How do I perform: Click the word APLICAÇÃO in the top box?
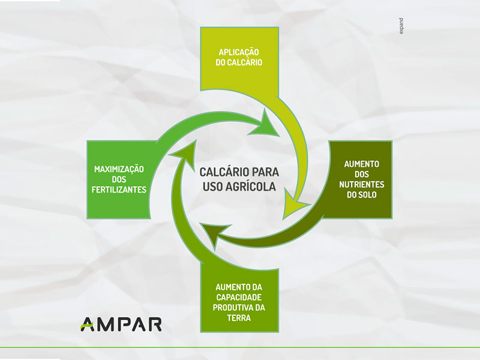point(239,52)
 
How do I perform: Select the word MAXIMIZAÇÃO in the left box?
point(119,169)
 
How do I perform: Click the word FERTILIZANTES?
point(119,190)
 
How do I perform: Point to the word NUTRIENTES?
point(362,184)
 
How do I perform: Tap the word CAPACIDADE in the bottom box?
point(239,297)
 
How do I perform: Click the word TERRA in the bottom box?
point(239,318)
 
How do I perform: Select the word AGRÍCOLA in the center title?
point(251,187)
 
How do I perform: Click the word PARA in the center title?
point(264,172)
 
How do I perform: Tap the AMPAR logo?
point(121,325)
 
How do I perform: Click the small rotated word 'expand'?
point(401,26)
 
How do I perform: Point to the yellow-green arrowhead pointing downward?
point(295,203)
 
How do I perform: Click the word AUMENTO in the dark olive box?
point(362,164)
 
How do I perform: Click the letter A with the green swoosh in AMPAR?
point(87,325)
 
